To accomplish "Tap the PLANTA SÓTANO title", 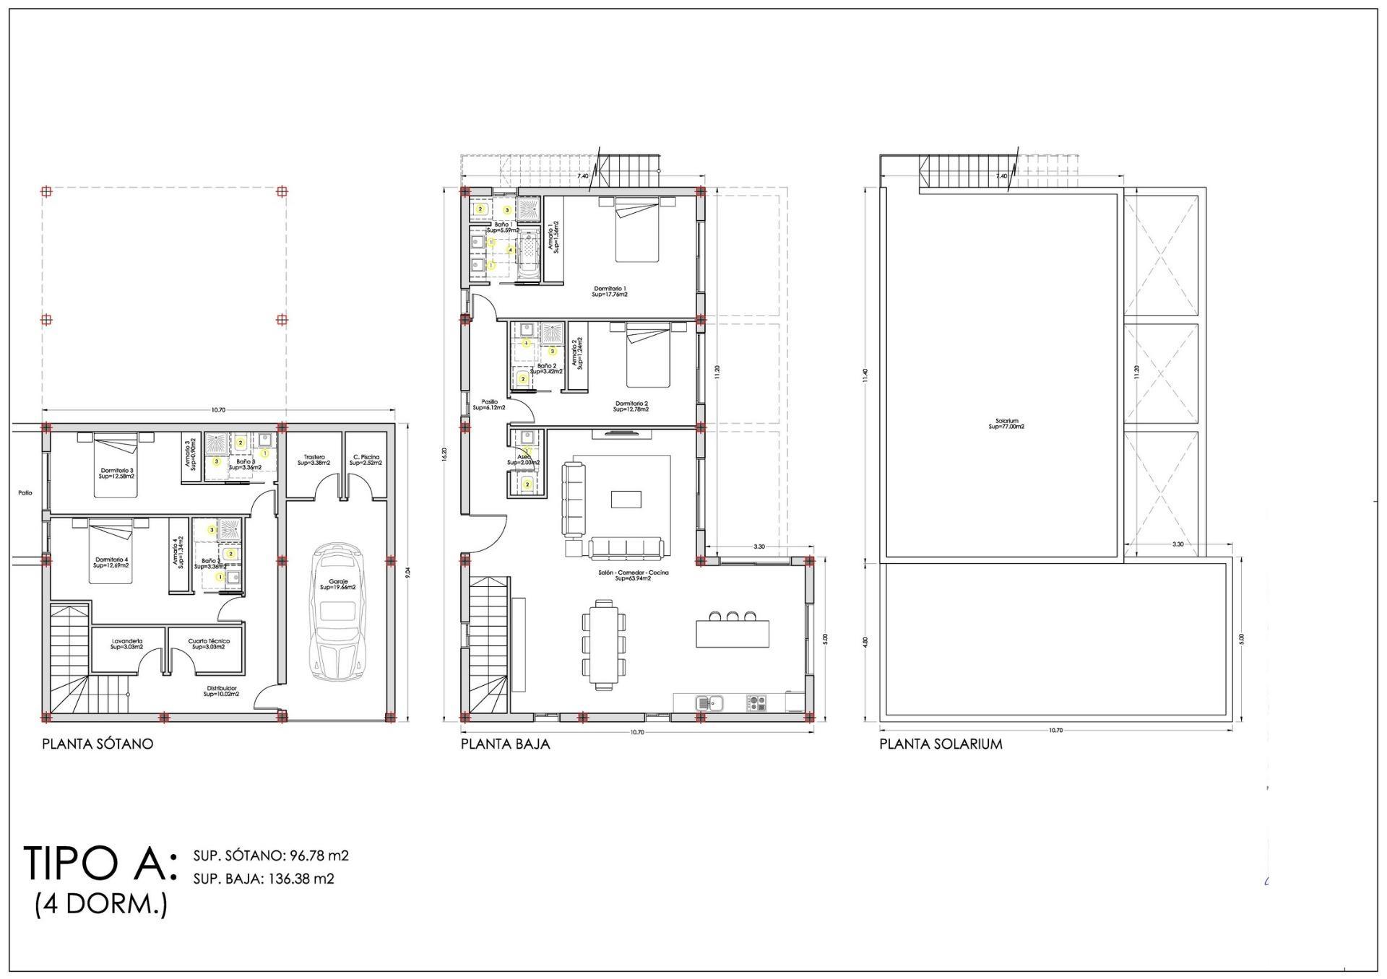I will coord(98,744).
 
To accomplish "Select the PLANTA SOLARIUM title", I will coord(941,744).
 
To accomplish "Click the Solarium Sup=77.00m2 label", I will coord(1006,424).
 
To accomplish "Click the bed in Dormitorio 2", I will coord(648,356).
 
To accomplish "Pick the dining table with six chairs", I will coord(604,643).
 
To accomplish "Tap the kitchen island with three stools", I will coord(733,633).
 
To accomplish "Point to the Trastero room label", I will coord(314,460).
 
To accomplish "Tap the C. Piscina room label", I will coord(366,460).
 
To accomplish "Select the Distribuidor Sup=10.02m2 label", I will coord(221,691).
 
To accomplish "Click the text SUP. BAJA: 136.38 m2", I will coord(264,879).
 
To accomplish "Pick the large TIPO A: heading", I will coord(100,863).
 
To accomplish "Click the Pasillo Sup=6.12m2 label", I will coord(489,405).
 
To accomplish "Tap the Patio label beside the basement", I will coord(25,493).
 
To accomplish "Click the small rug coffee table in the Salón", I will coord(625,500).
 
